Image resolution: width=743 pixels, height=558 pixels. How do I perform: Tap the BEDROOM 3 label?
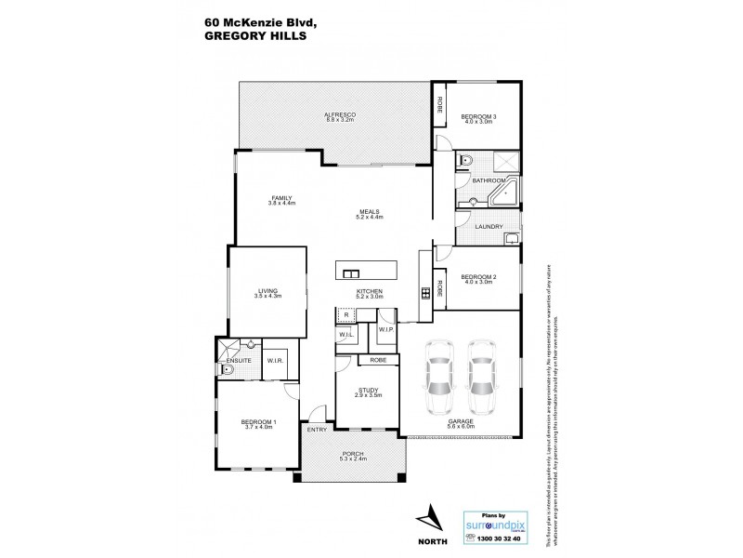(478, 116)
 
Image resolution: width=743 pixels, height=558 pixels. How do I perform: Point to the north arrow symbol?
(428, 518)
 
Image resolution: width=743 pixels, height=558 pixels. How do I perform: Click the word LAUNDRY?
(489, 227)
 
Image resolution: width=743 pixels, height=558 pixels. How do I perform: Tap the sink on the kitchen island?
(351, 273)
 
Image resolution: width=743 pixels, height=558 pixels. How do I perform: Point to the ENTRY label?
(316, 429)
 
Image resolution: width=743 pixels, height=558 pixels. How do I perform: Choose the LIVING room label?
(267, 292)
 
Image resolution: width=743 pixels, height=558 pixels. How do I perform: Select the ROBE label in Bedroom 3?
(440, 103)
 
